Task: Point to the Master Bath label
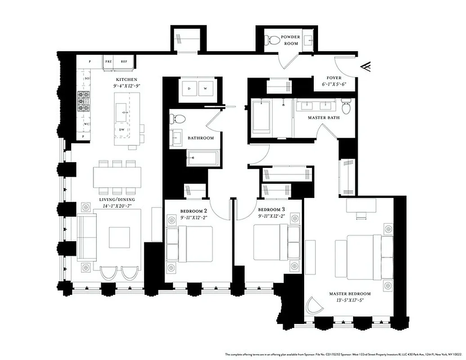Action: coord(323,118)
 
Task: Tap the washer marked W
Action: coord(205,89)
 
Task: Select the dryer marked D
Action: coord(189,89)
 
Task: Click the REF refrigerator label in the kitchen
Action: coord(124,61)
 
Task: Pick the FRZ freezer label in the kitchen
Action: coord(108,61)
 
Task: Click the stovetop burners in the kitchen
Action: coord(84,102)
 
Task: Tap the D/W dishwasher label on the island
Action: coord(121,130)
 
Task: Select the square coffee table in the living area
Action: coord(119,237)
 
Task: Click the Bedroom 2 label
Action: coord(193,211)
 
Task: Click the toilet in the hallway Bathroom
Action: coord(177,119)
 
